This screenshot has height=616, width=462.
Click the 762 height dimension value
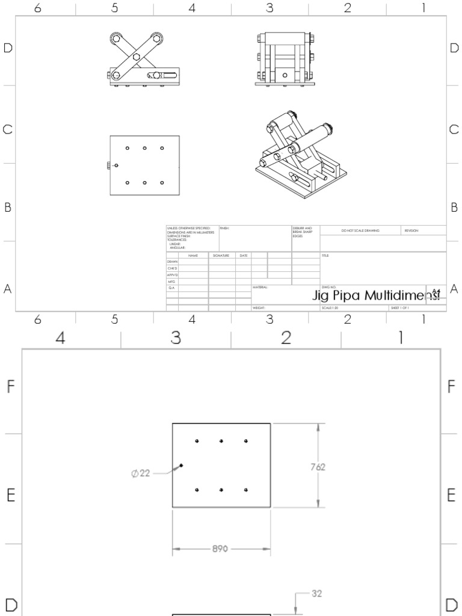tap(318, 466)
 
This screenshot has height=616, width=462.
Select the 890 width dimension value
tap(221, 549)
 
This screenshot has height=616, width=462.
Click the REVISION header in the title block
tap(411, 230)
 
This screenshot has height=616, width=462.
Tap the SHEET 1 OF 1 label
tap(399, 307)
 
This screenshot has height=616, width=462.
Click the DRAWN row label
tap(172, 262)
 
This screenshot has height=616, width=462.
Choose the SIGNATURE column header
tap(221, 256)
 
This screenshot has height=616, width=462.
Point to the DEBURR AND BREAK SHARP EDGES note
tap(302, 232)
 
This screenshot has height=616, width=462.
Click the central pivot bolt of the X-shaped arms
tap(137, 57)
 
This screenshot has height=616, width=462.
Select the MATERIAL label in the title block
tap(260, 288)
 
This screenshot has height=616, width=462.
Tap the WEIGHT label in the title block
tap(259, 307)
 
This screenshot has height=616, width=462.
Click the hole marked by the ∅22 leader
tap(181, 465)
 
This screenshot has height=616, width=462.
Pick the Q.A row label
tap(171, 288)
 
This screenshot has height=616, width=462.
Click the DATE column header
tap(243, 256)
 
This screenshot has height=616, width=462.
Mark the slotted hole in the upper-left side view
tap(165, 75)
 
